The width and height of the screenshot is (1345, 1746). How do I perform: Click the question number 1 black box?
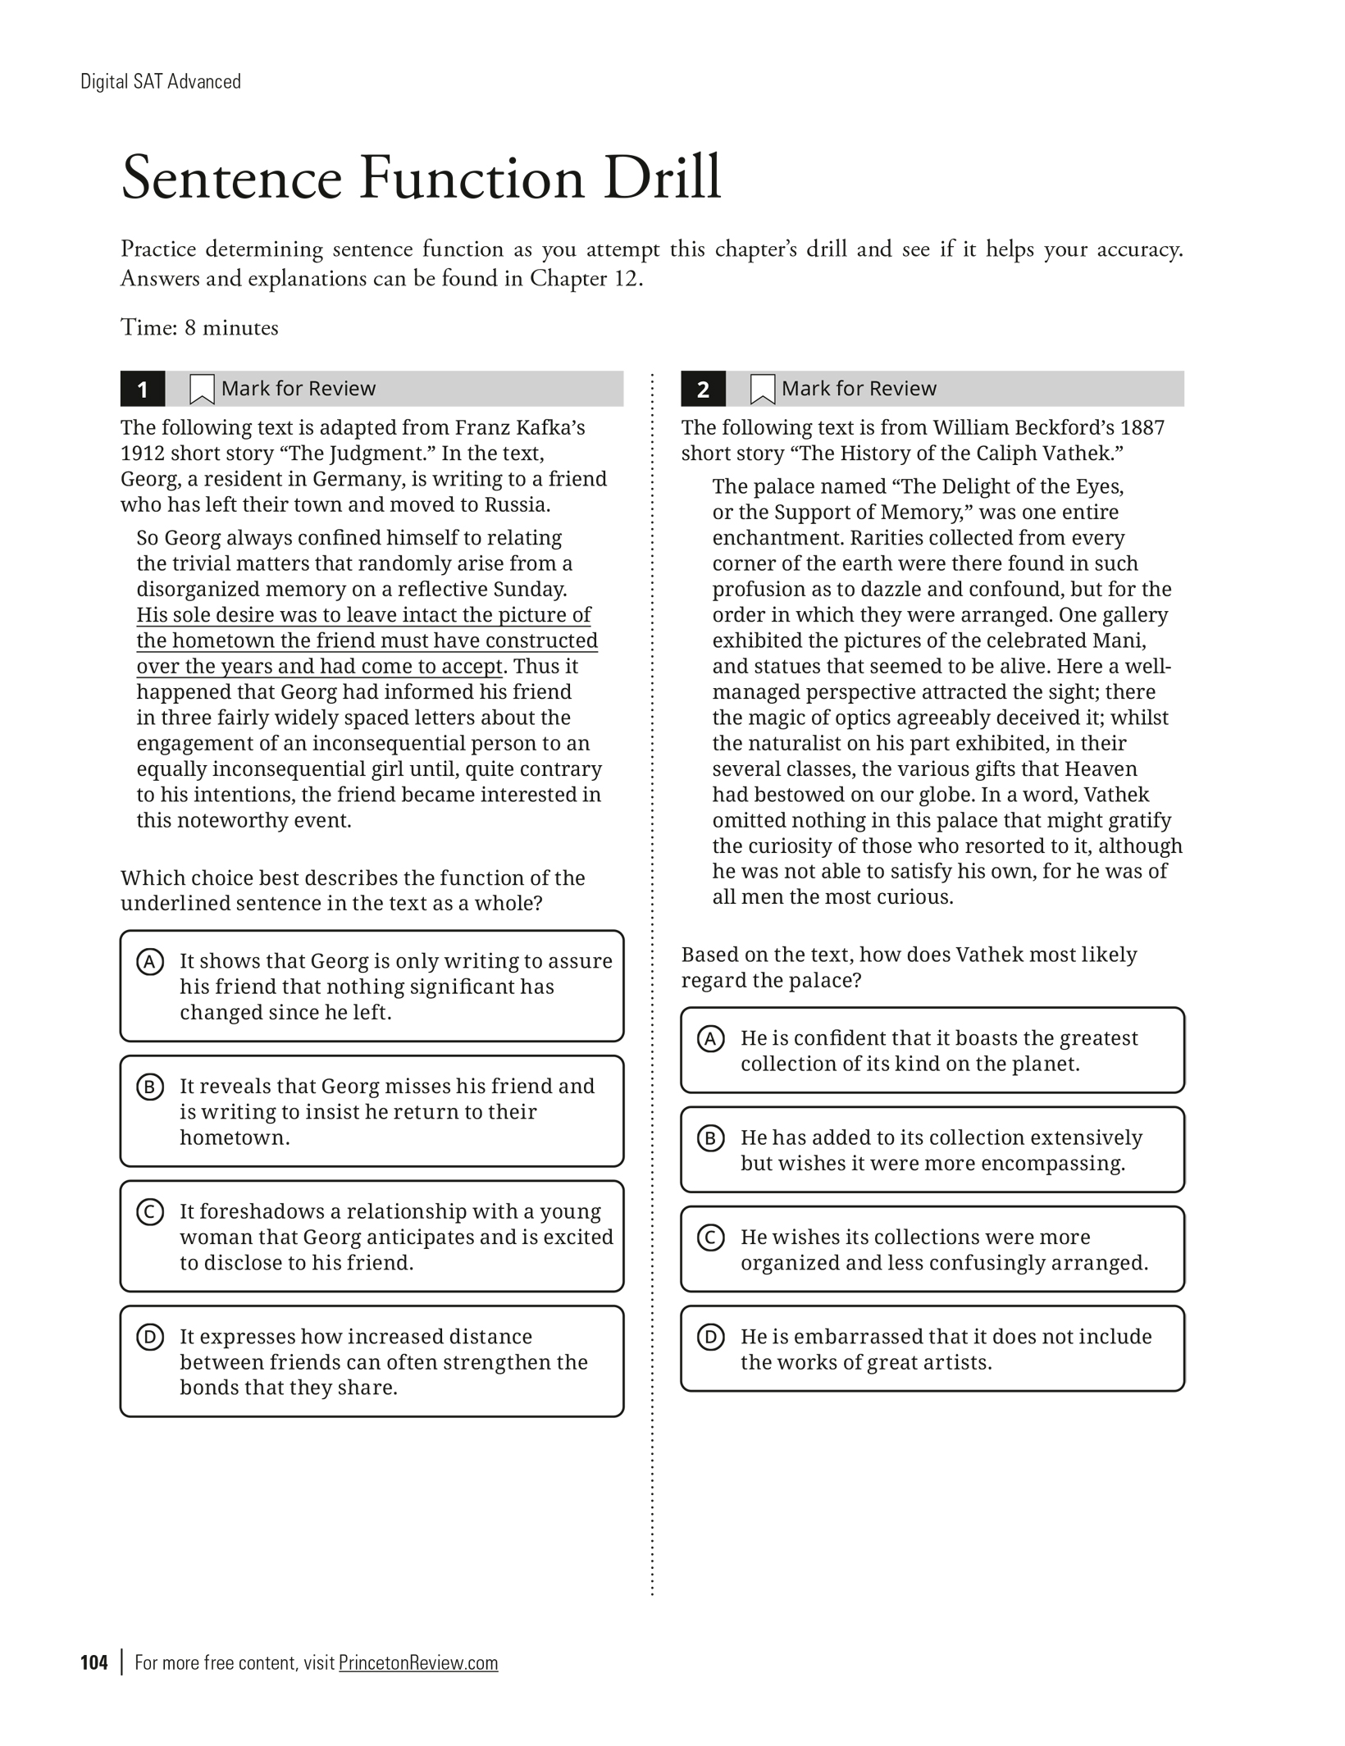tap(143, 389)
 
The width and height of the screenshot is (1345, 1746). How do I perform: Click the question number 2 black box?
tap(703, 389)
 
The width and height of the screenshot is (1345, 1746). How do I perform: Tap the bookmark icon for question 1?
tap(201, 389)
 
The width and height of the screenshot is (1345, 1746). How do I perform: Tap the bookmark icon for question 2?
tap(762, 389)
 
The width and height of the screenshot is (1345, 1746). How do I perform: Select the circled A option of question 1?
tap(149, 961)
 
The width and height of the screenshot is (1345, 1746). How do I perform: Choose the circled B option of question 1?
tap(149, 1087)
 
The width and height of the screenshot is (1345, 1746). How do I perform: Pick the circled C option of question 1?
tap(149, 1211)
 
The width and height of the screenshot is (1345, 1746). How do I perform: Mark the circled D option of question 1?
tap(149, 1337)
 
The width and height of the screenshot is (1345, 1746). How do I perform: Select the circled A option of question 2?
tap(710, 1038)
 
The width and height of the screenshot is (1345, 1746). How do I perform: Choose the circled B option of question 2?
tap(710, 1137)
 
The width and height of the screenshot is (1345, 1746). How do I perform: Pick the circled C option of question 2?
tap(710, 1237)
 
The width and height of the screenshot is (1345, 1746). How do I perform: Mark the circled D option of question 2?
tap(710, 1337)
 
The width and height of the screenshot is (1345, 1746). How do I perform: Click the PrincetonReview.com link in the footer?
tap(418, 1662)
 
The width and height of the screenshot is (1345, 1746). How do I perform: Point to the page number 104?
tap(94, 1662)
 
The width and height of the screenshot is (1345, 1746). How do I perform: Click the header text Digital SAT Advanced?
tap(161, 81)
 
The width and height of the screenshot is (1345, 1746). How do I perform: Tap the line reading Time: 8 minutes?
tap(199, 328)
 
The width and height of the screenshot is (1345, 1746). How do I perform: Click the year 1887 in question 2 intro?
tap(1142, 427)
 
